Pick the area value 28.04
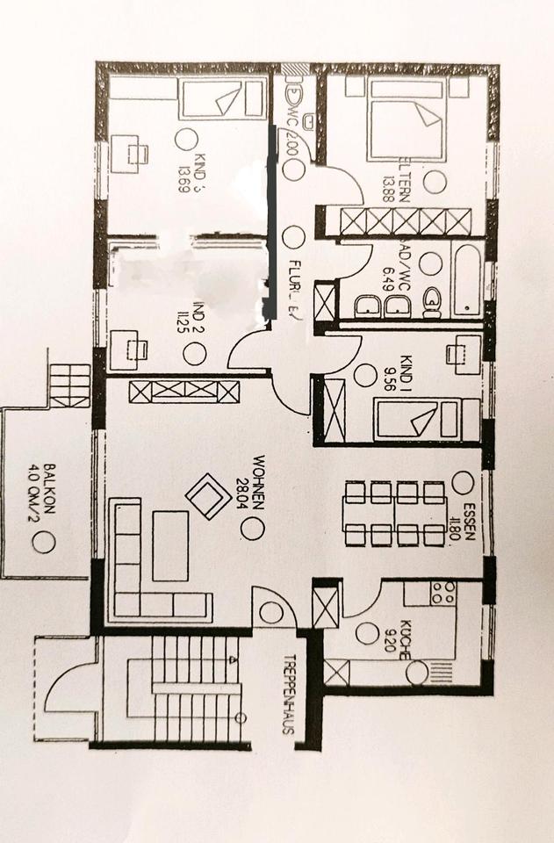245,486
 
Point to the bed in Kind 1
426,419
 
